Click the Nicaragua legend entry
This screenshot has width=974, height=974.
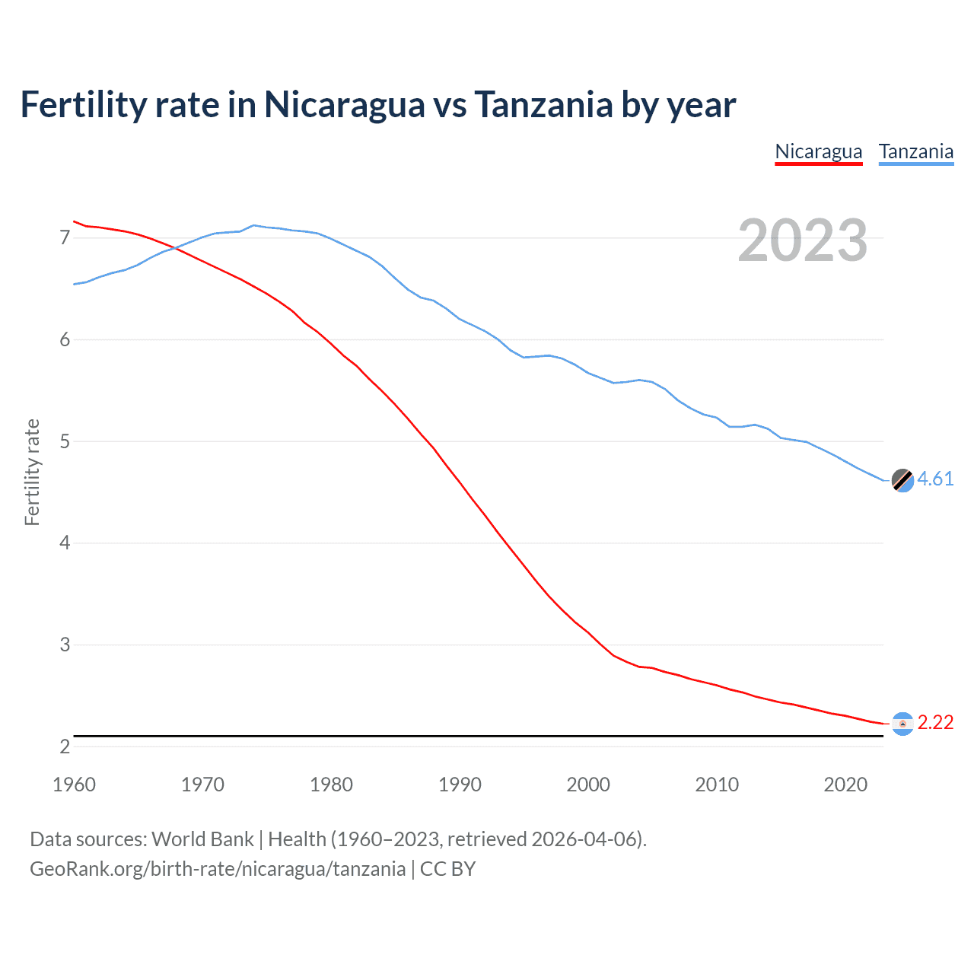818,151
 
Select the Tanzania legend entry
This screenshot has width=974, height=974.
915,151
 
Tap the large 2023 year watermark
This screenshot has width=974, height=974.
802,240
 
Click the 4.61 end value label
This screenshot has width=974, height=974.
935,479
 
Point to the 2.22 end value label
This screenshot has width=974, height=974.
935,722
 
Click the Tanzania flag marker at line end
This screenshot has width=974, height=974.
902,480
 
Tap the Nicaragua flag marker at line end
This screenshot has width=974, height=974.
902,724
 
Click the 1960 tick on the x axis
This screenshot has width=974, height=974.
74,785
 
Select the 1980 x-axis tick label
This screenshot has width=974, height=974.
331,785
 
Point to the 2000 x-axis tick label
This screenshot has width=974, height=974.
588,785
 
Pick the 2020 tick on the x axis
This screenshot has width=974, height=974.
845,785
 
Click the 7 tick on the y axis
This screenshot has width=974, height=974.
65,238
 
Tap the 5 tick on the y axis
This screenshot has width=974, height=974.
65,441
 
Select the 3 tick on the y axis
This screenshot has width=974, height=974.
65,645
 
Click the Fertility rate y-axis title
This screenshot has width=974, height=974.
32,472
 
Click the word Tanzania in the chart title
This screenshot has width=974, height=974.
543,104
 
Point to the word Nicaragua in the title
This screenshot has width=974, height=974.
344,104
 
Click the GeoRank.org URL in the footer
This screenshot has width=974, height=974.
218,869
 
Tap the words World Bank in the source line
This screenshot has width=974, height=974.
202,839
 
